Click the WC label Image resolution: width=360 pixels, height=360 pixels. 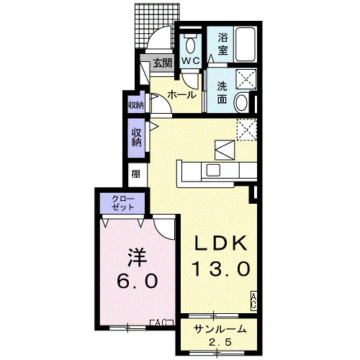tap(191, 60)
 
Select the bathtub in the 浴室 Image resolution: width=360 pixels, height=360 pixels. tap(246, 45)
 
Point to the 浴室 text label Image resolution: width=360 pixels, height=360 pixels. tap(222, 44)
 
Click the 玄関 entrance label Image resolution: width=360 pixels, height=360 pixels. tap(163, 63)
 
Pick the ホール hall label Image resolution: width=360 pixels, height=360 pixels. tap(182, 95)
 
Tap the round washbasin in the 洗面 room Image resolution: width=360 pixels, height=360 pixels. tap(241, 102)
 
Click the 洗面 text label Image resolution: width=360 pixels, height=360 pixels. tap(222, 93)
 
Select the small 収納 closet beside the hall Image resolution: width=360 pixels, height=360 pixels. tap(136, 104)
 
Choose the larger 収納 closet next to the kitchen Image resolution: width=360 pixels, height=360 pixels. tap(136, 138)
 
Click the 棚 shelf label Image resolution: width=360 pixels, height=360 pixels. tap(136, 174)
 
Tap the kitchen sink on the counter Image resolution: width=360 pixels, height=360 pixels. tap(213, 170)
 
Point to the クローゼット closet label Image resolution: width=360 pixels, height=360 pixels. tap(122, 204)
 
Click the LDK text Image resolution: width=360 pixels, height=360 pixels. tap(221, 243)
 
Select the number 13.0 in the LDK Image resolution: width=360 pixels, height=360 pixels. tap(221, 269)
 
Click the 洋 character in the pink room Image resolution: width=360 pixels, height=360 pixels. tap(137, 258)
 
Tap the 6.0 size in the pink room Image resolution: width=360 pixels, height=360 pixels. tap(138, 281)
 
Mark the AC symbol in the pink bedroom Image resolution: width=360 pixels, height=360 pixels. tap(161, 323)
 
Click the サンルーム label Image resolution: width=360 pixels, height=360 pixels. tap(220, 329)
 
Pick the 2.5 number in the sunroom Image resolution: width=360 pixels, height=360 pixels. tap(220, 342)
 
